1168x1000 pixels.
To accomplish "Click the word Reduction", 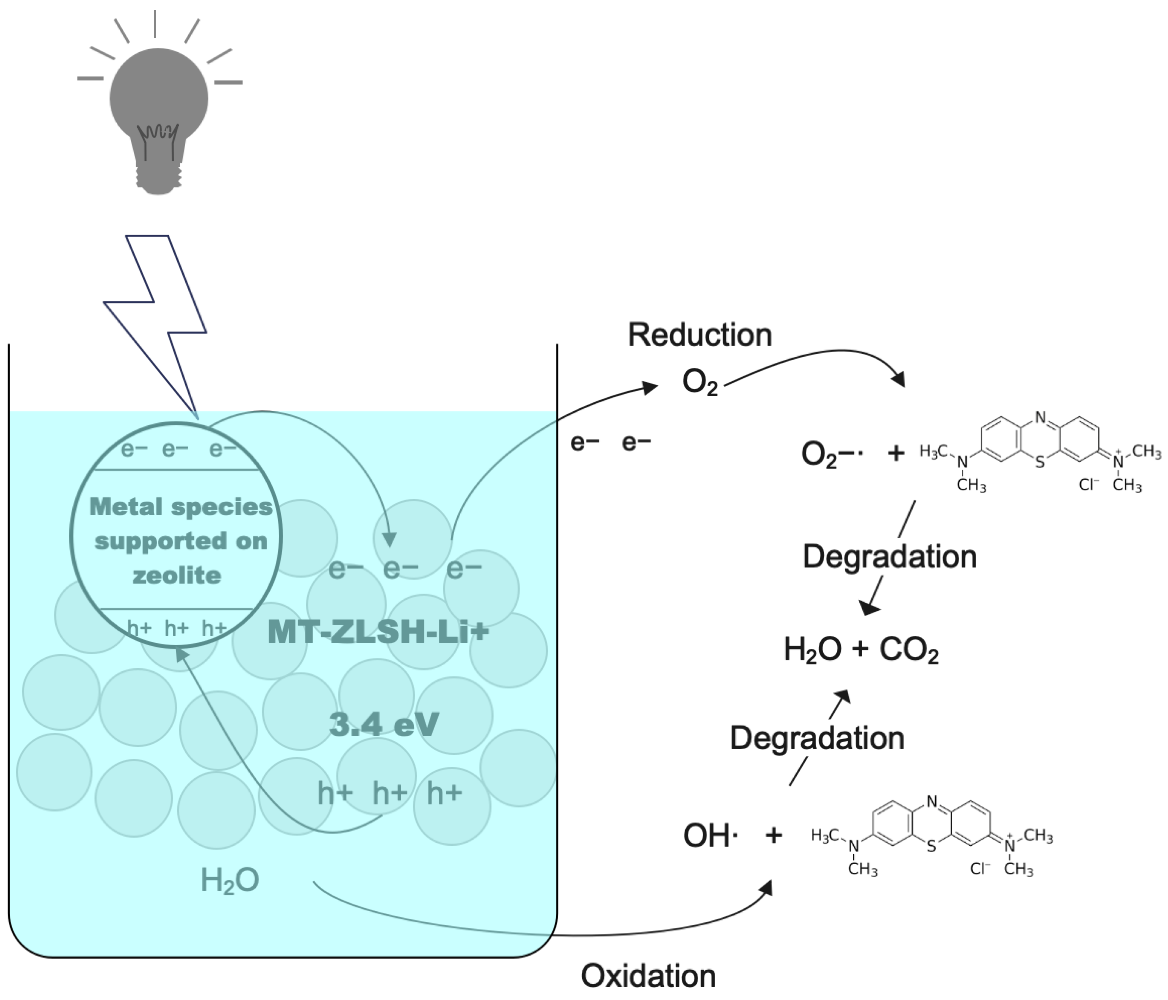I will click(700, 335).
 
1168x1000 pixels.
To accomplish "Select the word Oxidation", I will click(648, 976).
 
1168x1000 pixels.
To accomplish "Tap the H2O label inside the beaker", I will click(230, 880).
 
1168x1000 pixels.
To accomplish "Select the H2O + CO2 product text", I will click(861, 650).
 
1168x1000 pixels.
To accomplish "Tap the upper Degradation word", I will click(889, 557).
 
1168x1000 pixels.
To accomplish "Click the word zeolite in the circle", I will click(177, 576).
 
